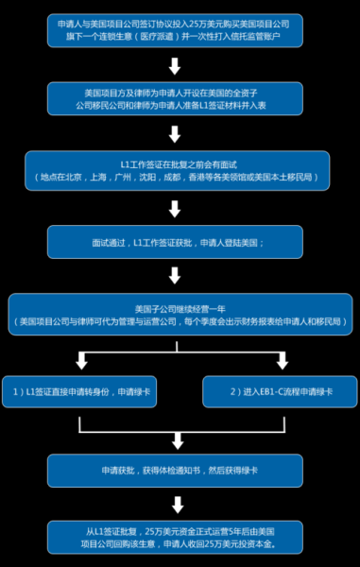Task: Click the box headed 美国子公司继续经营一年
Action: (180, 315)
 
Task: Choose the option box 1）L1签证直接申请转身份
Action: (82, 390)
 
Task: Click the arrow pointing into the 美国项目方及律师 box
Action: (174, 67)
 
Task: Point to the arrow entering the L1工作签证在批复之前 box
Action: (174, 136)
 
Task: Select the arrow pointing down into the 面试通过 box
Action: (174, 208)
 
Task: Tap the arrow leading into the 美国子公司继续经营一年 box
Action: (174, 277)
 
